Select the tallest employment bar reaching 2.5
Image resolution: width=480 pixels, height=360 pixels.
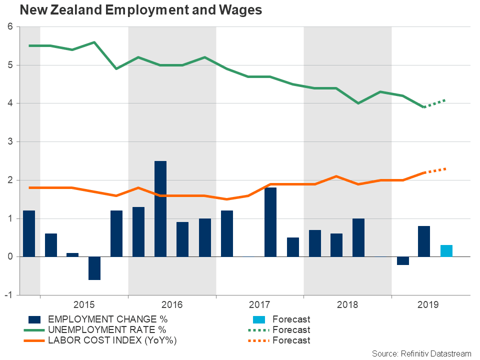click(x=160, y=208)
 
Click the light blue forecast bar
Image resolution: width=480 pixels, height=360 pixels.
click(x=446, y=251)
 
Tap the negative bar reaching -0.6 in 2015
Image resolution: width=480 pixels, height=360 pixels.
click(x=94, y=268)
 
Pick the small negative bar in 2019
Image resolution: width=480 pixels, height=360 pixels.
click(x=402, y=260)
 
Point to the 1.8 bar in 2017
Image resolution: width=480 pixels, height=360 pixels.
click(x=270, y=222)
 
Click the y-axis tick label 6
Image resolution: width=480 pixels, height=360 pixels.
click(x=10, y=27)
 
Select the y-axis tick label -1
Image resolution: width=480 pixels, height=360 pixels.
click(x=8, y=295)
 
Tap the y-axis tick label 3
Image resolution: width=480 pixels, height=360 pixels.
click(x=10, y=142)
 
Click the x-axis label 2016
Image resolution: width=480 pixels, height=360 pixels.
click(x=172, y=304)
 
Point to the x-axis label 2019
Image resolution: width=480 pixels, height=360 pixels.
click(x=428, y=304)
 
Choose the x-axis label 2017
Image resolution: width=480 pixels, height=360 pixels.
click(x=259, y=304)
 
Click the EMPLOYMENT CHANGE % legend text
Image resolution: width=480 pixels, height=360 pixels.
click(x=107, y=319)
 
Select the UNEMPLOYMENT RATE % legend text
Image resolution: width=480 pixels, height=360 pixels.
click(x=106, y=330)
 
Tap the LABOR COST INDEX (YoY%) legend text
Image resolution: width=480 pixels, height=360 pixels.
click(x=112, y=340)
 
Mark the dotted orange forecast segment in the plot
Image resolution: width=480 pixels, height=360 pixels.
click(x=435, y=170)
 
